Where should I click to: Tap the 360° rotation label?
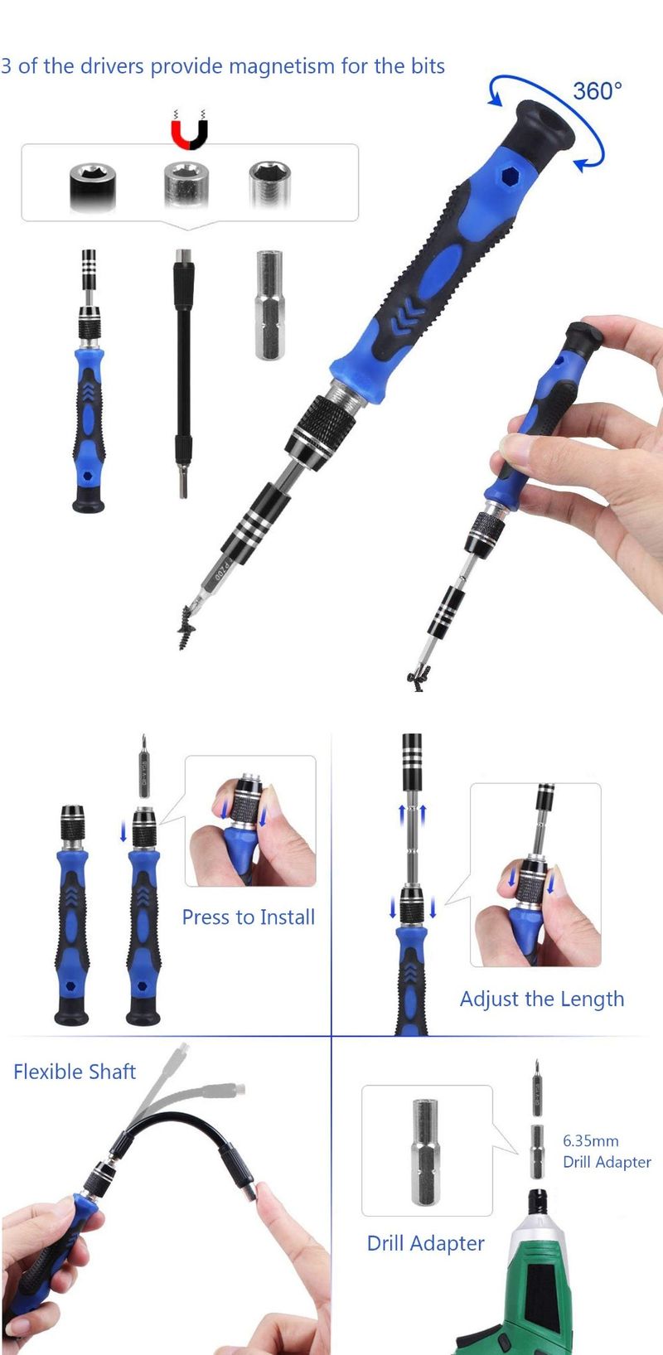pyautogui.click(x=597, y=91)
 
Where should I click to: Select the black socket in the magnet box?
pyautogui.click(x=93, y=186)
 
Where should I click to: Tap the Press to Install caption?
pyautogui.click(x=249, y=917)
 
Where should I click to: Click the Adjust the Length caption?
pyautogui.click(x=542, y=999)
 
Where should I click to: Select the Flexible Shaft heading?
pyautogui.click(x=75, y=1072)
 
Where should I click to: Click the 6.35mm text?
pyautogui.click(x=590, y=1141)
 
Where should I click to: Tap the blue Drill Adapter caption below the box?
pyautogui.click(x=426, y=1243)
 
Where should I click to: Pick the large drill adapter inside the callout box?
pyautogui.click(x=425, y=1151)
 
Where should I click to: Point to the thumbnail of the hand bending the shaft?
pyautogui.click(x=163, y=1198)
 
